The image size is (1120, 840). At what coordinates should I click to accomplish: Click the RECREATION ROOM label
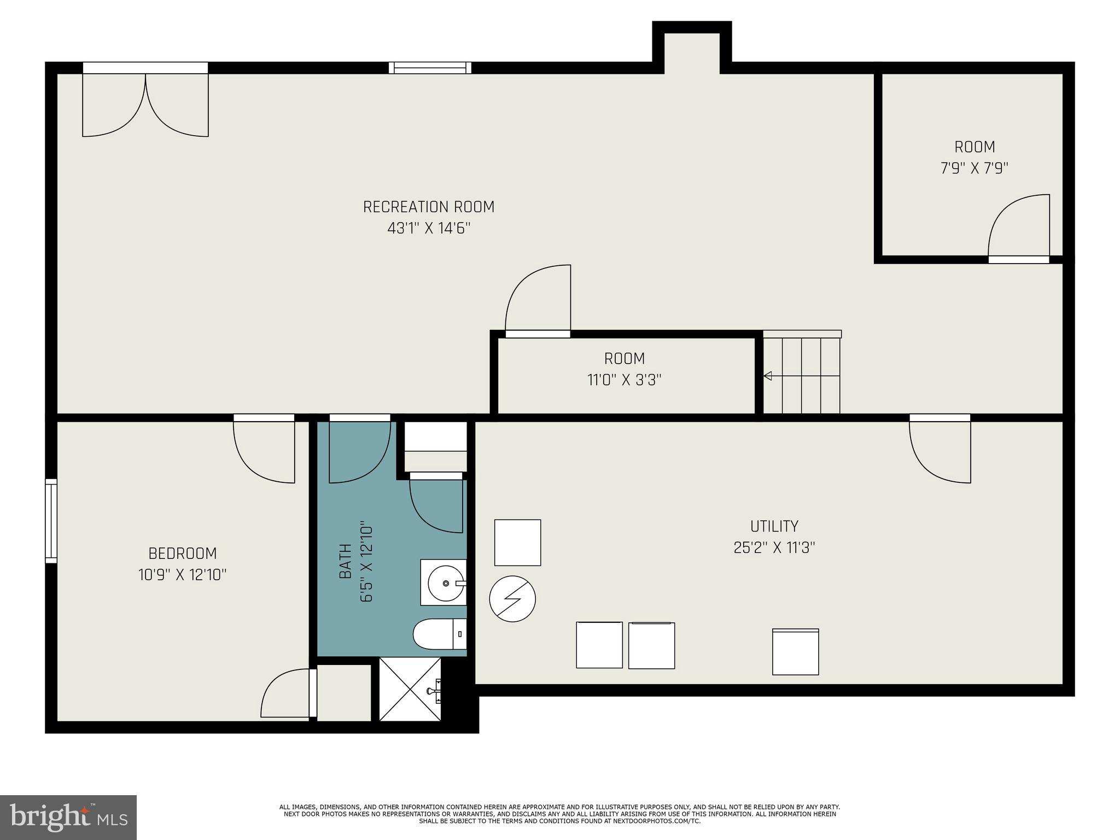pyautogui.click(x=429, y=207)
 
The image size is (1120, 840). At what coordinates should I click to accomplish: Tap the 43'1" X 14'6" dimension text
pyautogui.click(x=429, y=228)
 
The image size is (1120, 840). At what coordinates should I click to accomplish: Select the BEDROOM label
pyautogui.click(x=183, y=553)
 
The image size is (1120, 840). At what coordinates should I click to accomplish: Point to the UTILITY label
pyautogui.click(x=774, y=526)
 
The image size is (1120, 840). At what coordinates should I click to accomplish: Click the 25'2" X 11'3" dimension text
pyautogui.click(x=774, y=547)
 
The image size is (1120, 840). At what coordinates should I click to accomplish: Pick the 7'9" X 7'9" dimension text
pyautogui.click(x=974, y=168)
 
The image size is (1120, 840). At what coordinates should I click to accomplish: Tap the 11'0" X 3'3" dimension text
pyautogui.click(x=624, y=380)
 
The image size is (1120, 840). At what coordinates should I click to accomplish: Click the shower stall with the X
pyautogui.click(x=410, y=689)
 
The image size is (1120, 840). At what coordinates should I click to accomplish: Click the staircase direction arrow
pyautogui.click(x=768, y=376)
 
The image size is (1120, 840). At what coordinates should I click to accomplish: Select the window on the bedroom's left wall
pyautogui.click(x=51, y=521)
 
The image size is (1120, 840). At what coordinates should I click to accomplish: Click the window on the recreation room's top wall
pyautogui.click(x=430, y=68)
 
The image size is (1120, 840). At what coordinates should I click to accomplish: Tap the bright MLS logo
pyautogui.click(x=68, y=817)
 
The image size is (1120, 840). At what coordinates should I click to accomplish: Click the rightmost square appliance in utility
pyautogui.click(x=795, y=652)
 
